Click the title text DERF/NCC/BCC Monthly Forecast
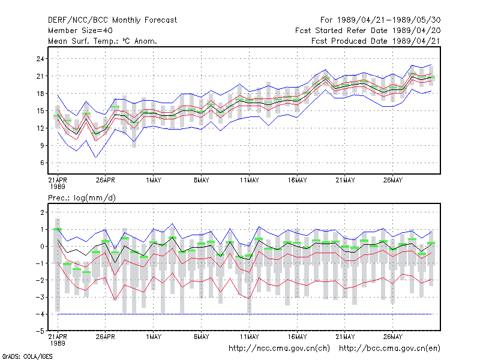coord(112,20)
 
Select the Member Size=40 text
coord(80,31)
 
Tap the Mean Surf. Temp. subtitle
coord(103,41)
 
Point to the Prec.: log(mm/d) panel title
coord(82,198)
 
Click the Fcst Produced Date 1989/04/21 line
coord(376,41)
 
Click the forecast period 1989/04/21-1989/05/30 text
coord(380,20)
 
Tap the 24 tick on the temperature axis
coord(40,59)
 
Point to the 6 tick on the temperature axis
coord(42,163)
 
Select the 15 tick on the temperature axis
coord(40,111)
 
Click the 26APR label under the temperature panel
coord(106,180)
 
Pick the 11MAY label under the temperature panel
coord(249,180)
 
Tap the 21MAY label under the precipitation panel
coord(345,337)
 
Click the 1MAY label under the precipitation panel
coord(154,337)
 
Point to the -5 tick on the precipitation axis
coord(40,331)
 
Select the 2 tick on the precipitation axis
coord(42,212)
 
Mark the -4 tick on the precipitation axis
coord(40,314)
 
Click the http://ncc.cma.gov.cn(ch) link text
coord(279,349)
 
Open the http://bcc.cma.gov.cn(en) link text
coord(389,349)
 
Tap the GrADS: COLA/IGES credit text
coord(27,356)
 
